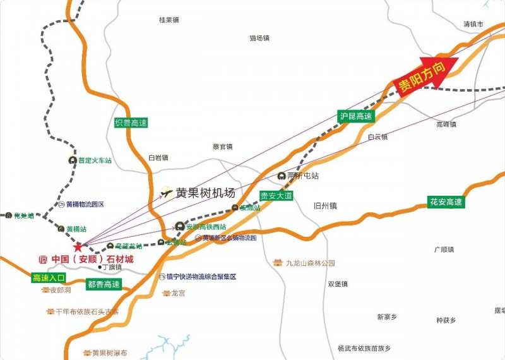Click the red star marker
click(x=78, y=247)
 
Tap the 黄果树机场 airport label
click(x=205, y=193)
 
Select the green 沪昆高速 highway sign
click(x=356, y=116)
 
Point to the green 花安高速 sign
click(x=446, y=202)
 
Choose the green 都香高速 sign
click(x=104, y=285)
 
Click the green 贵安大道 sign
click(x=276, y=196)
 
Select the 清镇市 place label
click(x=473, y=24)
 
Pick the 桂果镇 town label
click(x=170, y=20)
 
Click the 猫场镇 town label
click(x=259, y=38)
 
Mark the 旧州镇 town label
click(x=325, y=206)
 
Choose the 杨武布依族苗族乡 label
click(x=364, y=348)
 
